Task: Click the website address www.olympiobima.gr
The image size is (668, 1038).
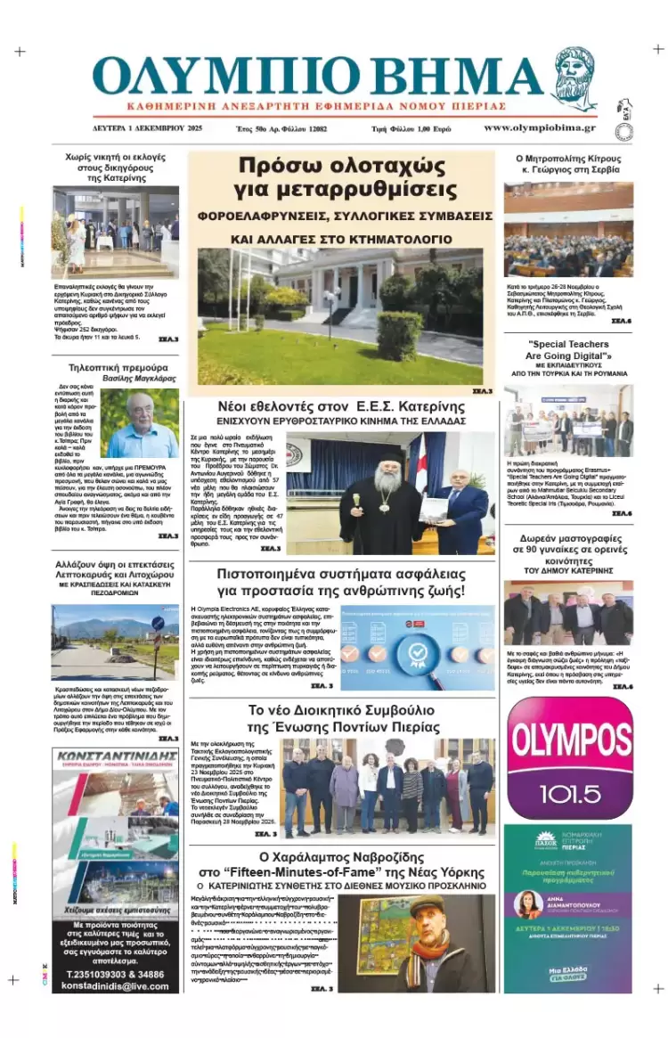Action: [540, 128]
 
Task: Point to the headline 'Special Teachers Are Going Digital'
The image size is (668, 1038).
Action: [568, 350]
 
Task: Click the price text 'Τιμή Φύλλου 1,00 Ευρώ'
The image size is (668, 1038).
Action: [411, 129]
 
